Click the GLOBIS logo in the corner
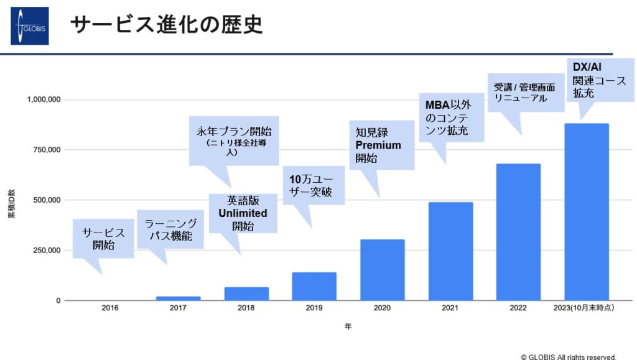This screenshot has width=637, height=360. coord(29,26)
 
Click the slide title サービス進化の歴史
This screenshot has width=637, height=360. coord(165,25)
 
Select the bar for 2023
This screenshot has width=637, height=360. coord(586,212)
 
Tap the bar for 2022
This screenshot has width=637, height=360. coord(518,232)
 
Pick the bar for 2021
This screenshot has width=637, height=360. coord(450,251)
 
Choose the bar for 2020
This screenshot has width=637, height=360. coord(382,270)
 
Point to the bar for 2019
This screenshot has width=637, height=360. coord(314,286)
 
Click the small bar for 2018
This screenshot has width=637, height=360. coord(246,293)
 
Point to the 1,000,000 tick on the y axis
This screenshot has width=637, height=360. coord(44,99)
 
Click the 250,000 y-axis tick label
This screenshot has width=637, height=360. coord(44,250)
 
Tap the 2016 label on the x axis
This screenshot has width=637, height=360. coord(110,308)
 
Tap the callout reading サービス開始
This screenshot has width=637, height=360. coord(103,239)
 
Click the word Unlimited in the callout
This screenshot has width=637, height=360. coord(243,213)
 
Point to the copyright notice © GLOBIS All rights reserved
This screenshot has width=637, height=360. coord(569,356)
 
